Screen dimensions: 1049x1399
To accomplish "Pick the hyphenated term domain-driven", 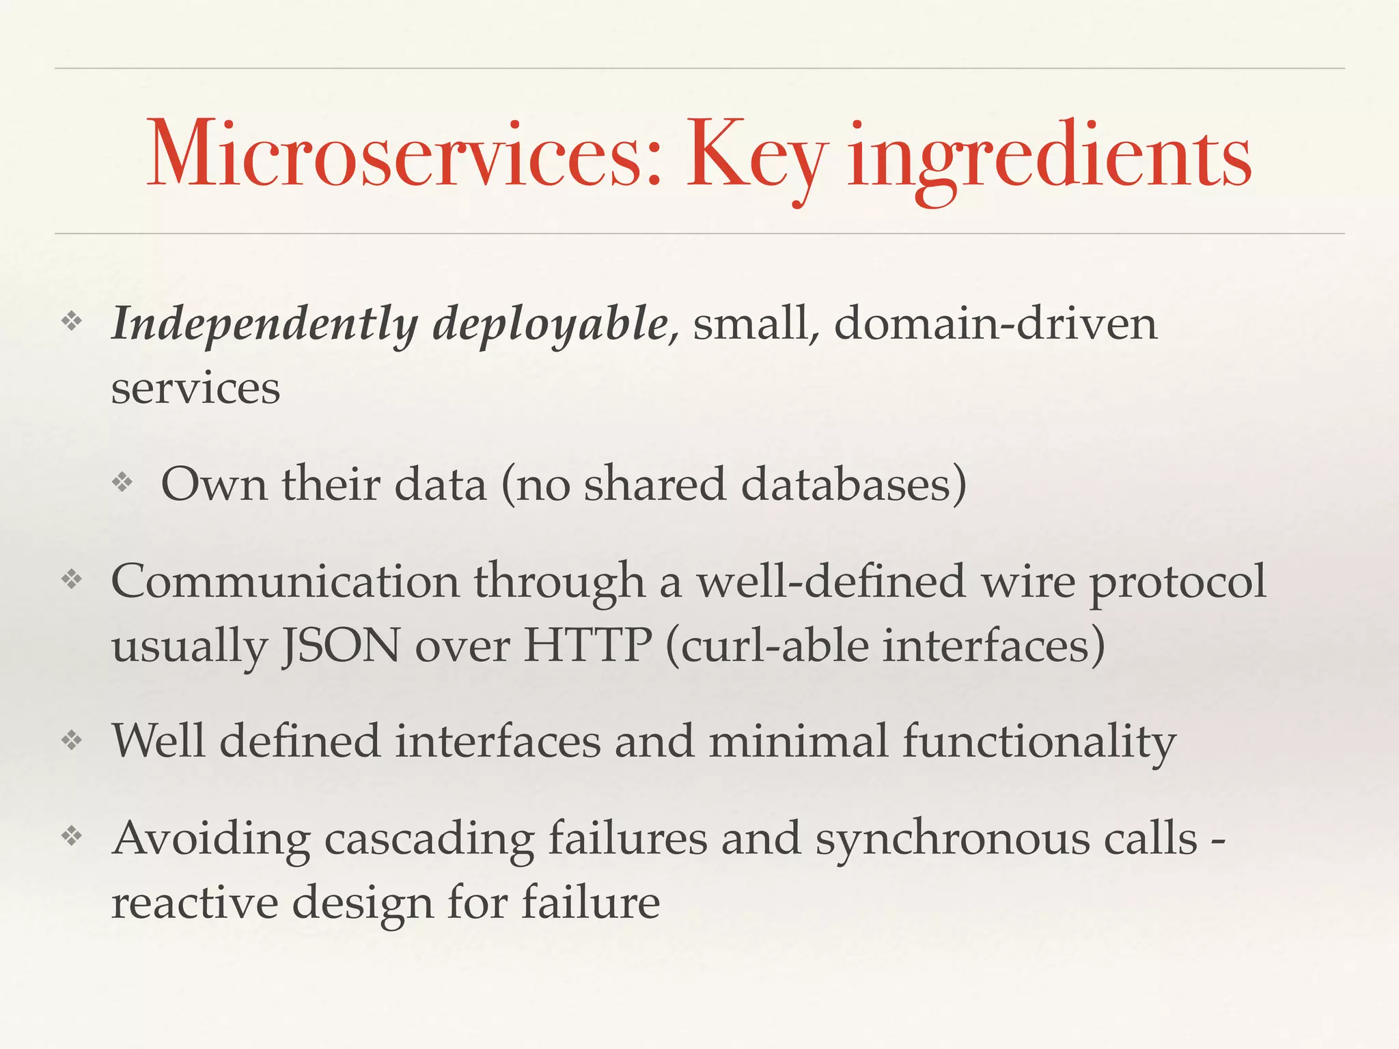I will pyautogui.click(x=995, y=323).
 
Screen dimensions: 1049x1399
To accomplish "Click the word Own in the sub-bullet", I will pyautogui.click(x=214, y=484).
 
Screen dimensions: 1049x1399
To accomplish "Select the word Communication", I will pyautogui.click(x=285, y=582).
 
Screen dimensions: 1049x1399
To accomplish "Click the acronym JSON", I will pyautogui.click(x=341, y=646).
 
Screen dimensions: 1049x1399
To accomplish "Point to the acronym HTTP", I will pyautogui.click(x=587, y=646).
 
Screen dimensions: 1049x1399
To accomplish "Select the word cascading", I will pyautogui.click(x=429, y=839).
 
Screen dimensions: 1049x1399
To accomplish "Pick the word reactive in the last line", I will pyautogui.click(x=194, y=902).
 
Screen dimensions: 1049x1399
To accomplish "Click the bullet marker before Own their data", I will pyautogui.click(x=123, y=484).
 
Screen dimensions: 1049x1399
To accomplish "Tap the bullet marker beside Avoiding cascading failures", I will pyautogui.click(x=72, y=836).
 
